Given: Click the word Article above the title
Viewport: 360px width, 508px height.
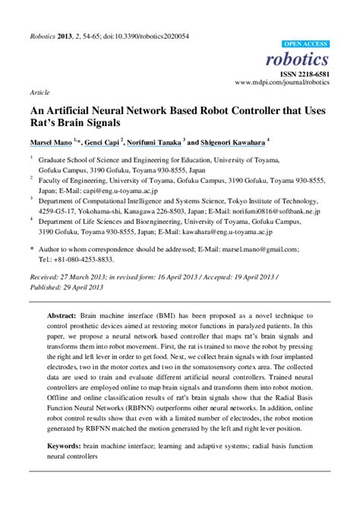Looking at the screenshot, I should coord(39,91).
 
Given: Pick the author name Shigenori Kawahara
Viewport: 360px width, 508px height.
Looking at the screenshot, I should coord(232,140).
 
